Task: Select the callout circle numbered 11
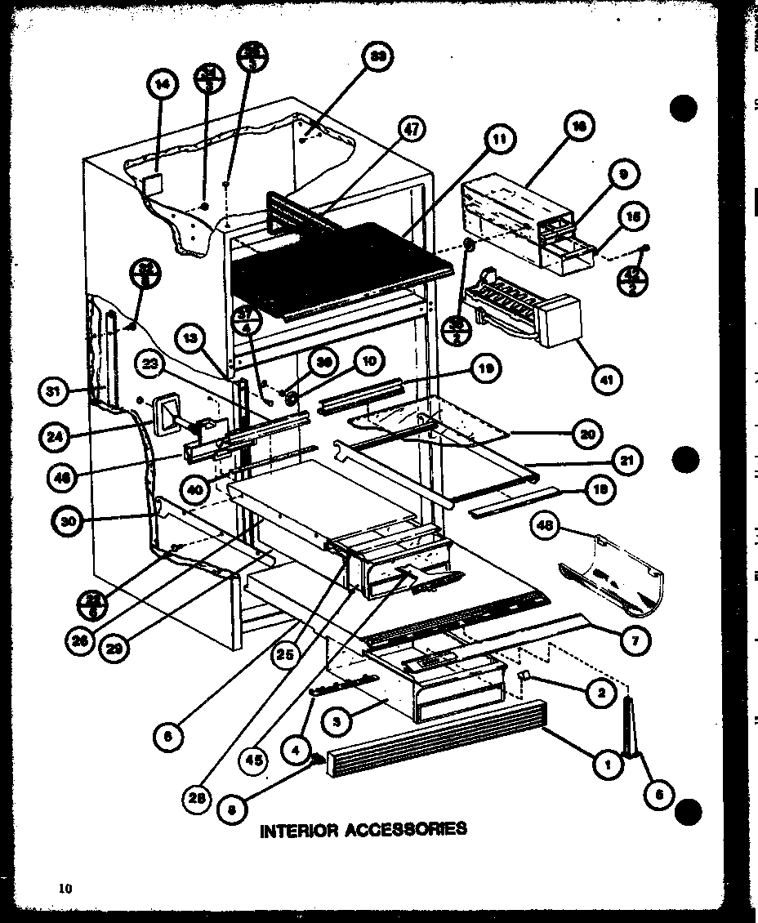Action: point(499,140)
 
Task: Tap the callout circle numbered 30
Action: point(68,519)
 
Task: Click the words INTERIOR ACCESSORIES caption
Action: point(363,829)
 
